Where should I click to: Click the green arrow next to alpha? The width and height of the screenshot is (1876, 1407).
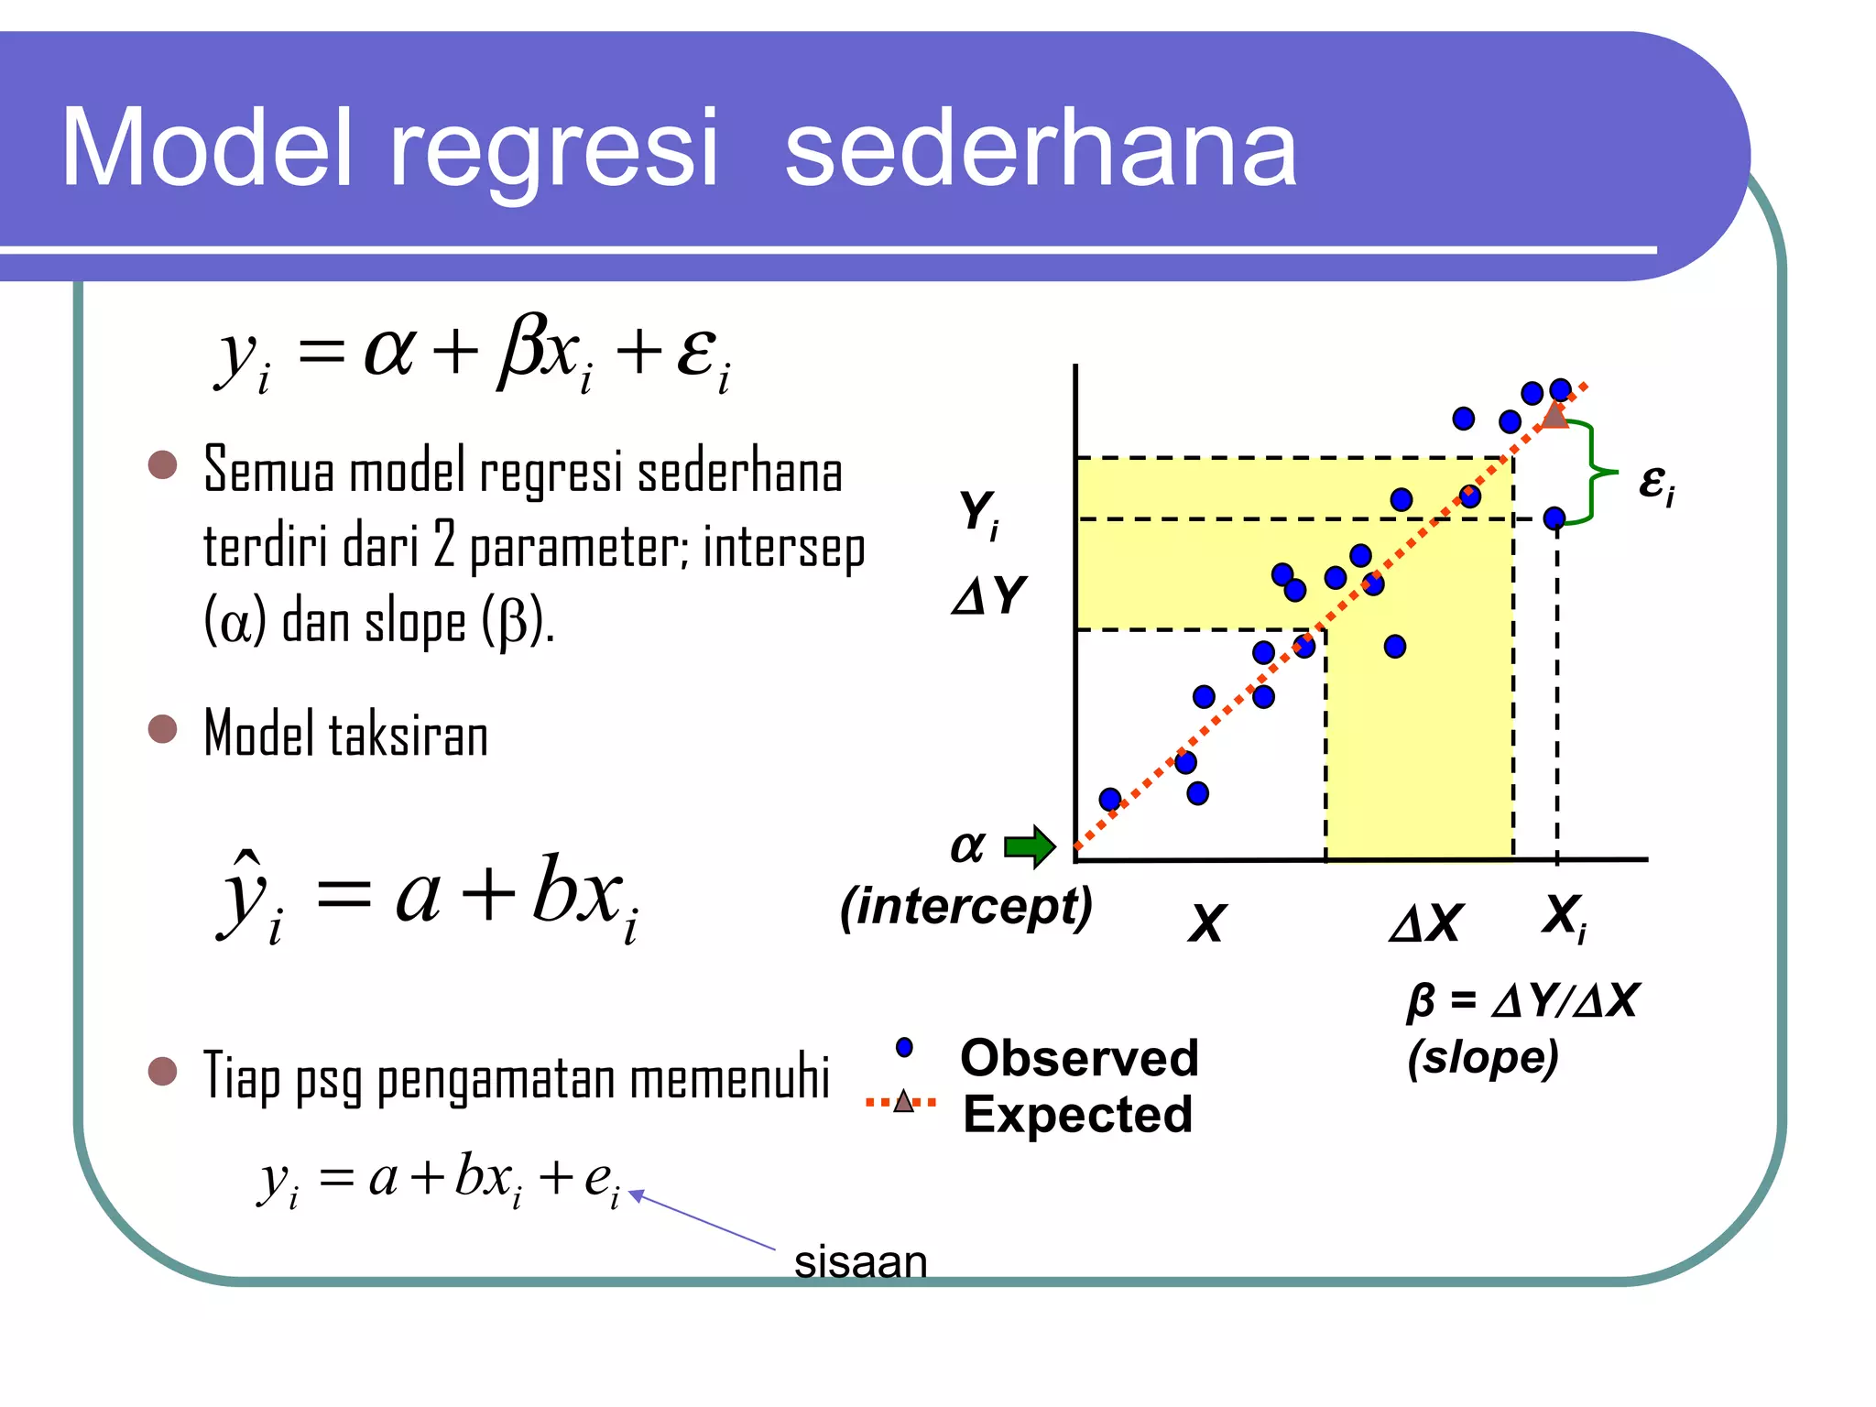click(x=1031, y=845)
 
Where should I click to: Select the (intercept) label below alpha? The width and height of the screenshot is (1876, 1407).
click(x=966, y=907)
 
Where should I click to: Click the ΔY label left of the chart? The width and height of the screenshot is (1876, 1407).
click(x=989, y=595)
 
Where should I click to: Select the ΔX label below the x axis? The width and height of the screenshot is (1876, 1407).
click(x=1426, y=922)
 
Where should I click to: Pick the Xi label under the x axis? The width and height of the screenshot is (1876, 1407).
click(x=1564, y=916)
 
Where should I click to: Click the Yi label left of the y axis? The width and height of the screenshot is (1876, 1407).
click(x=978, y=513)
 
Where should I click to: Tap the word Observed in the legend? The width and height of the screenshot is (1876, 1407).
click(x=1079, y=1058)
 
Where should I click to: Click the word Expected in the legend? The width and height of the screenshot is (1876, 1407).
click(x=1077, y=1115)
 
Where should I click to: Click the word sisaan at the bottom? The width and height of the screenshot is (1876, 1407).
click(x=860, y=1261)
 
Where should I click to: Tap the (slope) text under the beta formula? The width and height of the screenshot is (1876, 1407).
click(x=1482, y=1058)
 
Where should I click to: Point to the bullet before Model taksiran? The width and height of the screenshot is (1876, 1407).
click(x=162, y=729)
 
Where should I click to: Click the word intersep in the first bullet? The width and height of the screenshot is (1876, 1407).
click(x=783, y=548)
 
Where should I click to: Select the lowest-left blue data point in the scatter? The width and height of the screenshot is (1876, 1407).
click(x=1110, y=800)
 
